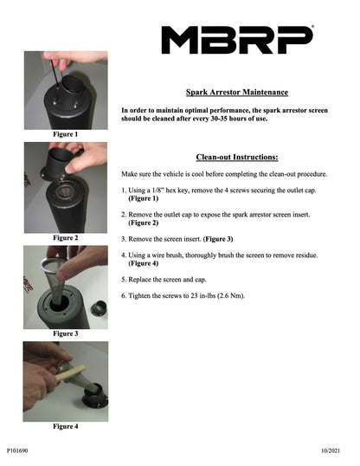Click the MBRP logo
[237, 40]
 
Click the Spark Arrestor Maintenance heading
[237, 93]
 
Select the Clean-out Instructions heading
[237, 157]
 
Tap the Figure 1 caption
[66, 134]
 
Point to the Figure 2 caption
[66, 237]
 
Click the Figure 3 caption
[66, 333]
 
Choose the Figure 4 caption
[66, 426]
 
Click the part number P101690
[17, 450]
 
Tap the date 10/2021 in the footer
[331, 450]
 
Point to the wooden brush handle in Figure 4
[70, 373]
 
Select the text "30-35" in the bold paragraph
[222, 119]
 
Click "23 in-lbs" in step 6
[202, 295]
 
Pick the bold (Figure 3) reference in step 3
[218, 239]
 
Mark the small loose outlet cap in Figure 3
[100, 308]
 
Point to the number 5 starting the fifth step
[123, 280]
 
